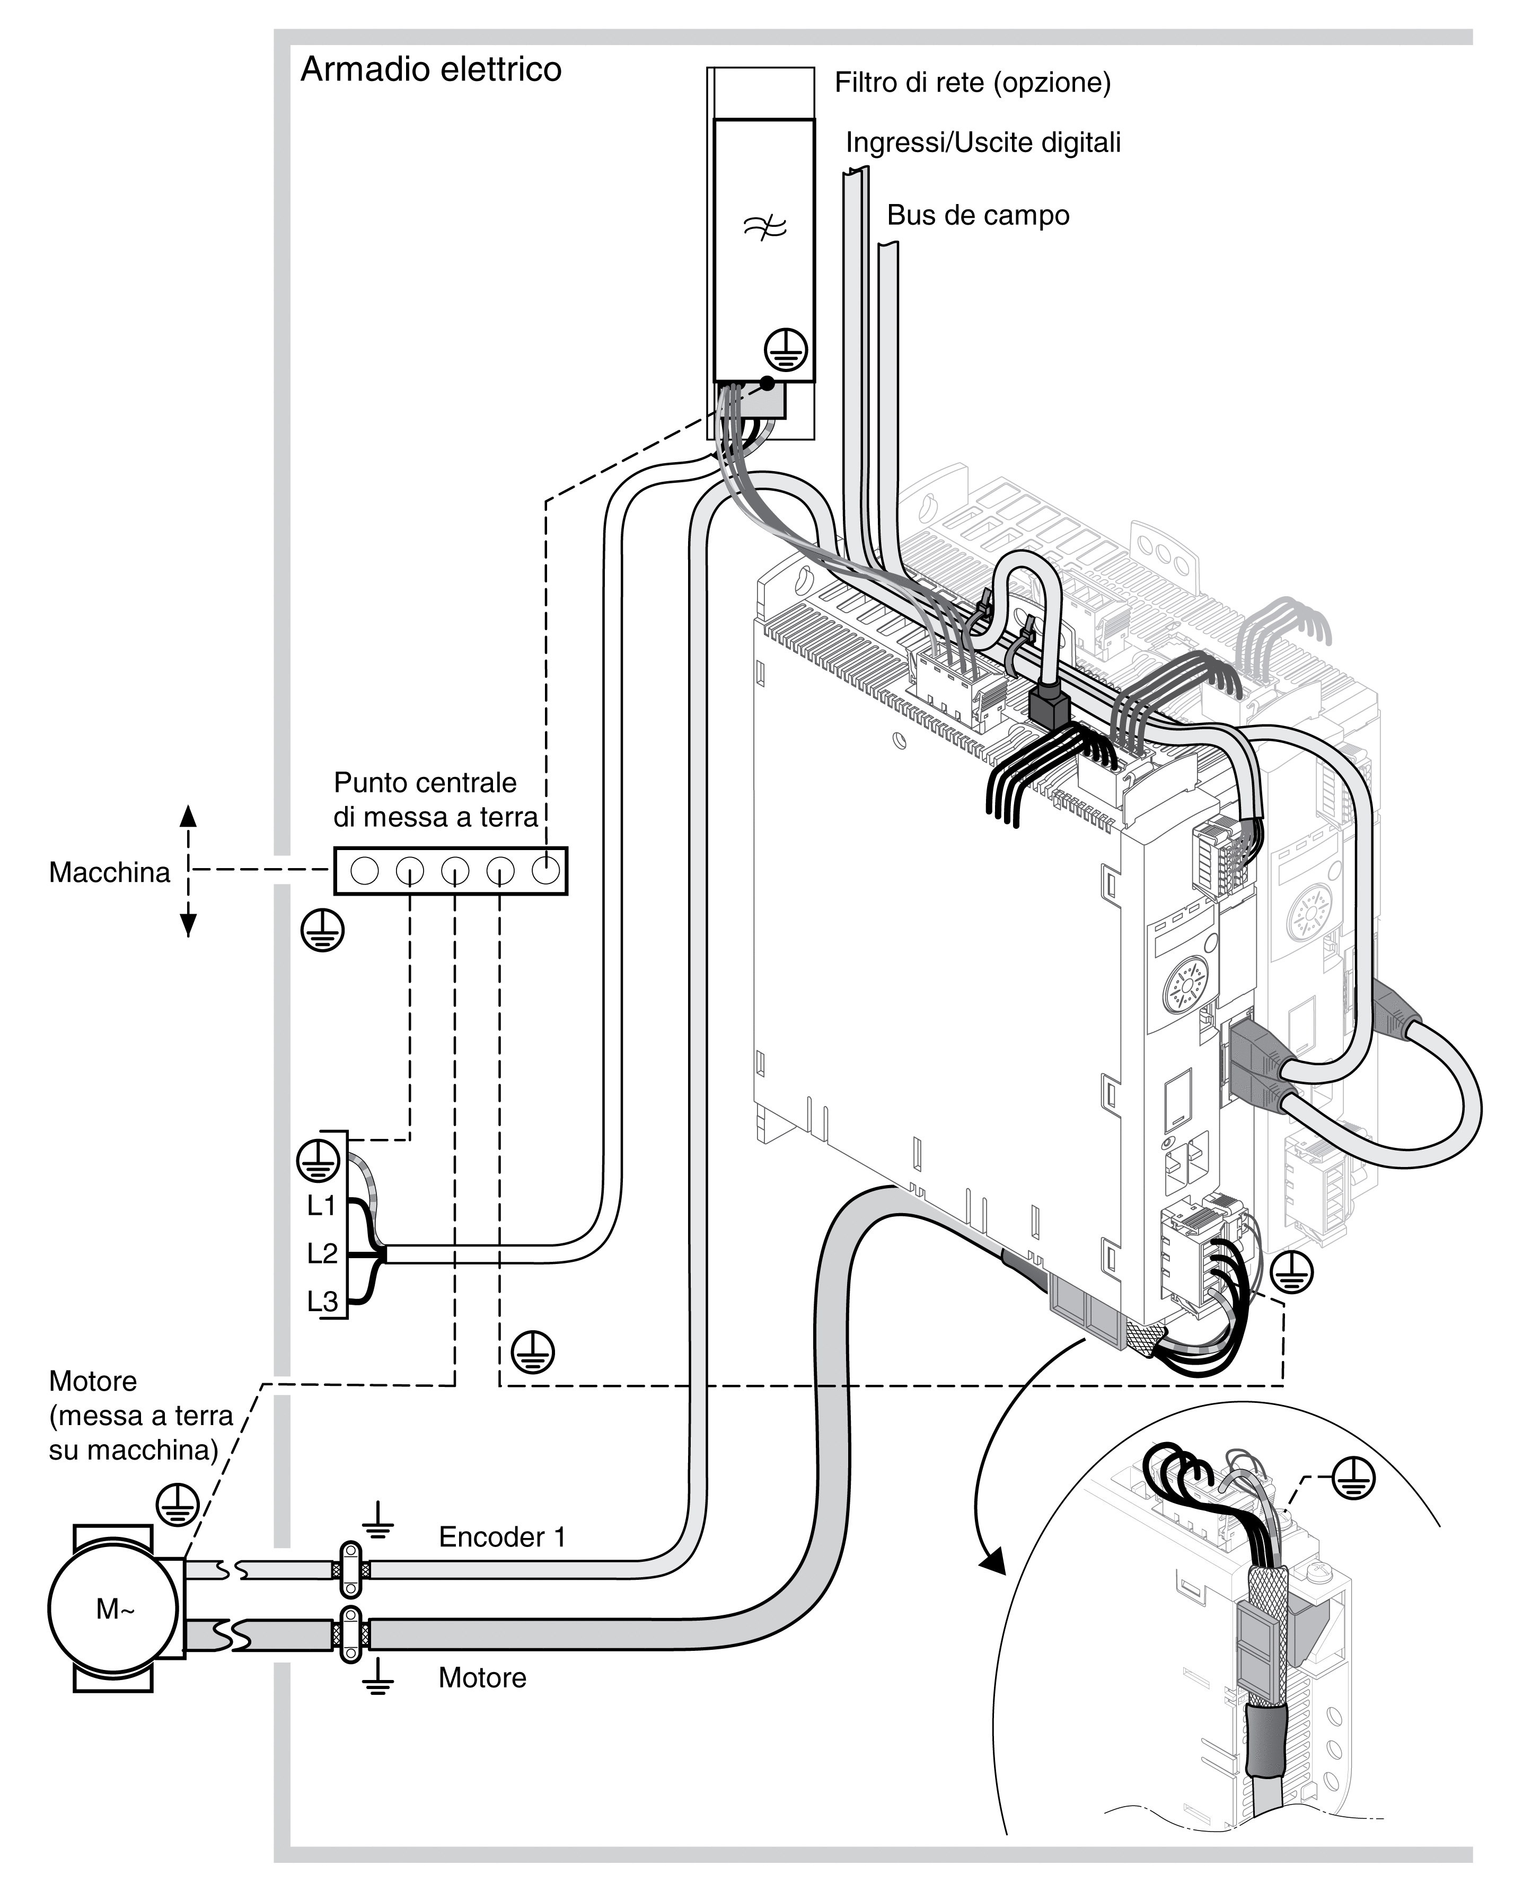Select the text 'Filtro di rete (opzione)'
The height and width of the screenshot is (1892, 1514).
972,83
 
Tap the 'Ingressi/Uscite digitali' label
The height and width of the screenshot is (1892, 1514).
983,142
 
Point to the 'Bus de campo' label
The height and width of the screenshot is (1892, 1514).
978,215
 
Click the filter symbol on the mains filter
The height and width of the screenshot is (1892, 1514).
763,228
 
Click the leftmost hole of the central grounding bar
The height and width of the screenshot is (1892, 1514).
364,871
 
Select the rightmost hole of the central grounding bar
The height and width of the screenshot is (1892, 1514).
545,871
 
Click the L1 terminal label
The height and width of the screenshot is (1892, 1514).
321,1206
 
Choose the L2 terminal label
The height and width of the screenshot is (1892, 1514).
321,1254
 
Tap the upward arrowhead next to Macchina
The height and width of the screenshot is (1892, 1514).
188,816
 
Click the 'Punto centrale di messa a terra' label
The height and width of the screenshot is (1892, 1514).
435,799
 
